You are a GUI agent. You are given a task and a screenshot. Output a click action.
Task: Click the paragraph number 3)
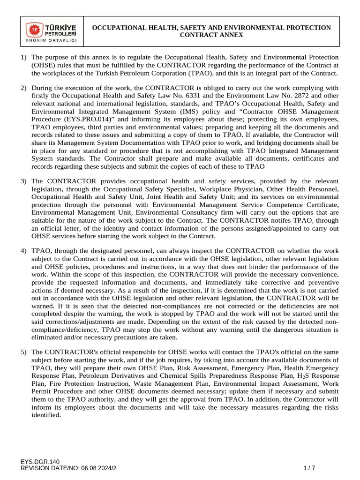(23, 180)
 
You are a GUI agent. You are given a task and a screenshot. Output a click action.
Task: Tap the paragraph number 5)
(23, 352)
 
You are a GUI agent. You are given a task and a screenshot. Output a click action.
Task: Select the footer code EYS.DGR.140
(40, 462)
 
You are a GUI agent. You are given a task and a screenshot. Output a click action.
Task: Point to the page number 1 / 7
(309, 468)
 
